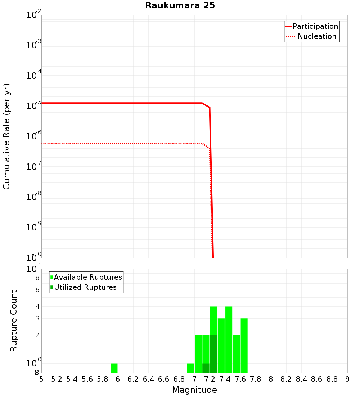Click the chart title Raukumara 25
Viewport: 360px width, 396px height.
point(180,6)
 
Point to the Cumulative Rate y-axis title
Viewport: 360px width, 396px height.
point(6,136)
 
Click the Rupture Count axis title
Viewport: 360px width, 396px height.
point(14,321)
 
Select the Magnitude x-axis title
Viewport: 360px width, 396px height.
point(194,390)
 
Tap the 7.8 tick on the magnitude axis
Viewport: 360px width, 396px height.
point(256,379)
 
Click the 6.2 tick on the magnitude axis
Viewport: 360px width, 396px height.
point(133,379)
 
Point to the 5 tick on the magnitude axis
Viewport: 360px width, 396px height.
point(41,379)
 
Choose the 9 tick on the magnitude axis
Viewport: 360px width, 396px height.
point(347,379)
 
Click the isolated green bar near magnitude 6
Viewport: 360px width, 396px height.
point(114,368)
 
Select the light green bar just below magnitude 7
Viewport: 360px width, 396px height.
point(191,368)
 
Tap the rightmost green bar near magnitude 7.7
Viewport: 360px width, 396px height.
point(244,346)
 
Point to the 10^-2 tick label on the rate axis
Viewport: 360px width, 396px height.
point(33,15)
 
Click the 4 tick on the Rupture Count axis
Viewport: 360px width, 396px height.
point(37,307)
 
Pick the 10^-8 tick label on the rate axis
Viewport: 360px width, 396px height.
point(33,197)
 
